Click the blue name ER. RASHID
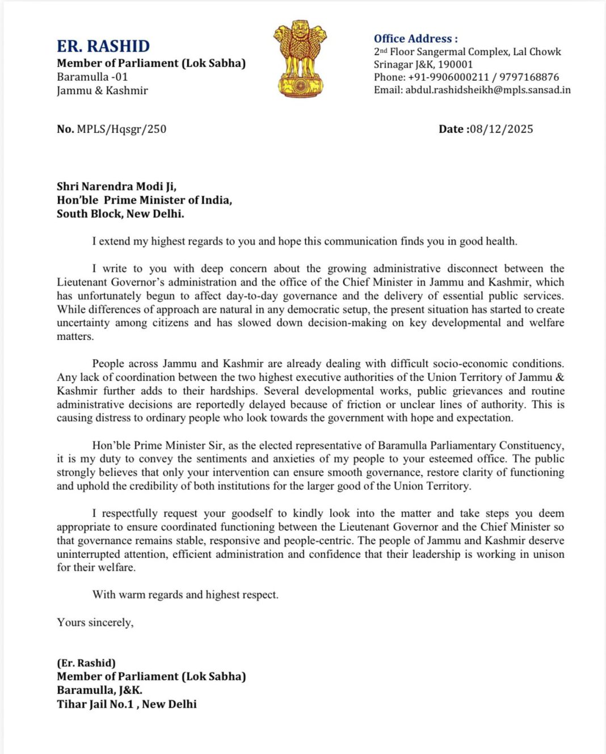click(x=103, y=46)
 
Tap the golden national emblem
click(x=300, y=59)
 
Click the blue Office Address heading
click(x=415, y=39)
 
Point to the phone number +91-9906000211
click(x=448, y=77)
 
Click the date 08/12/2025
click(x=502, y=129)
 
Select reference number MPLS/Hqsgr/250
click(x=121, y=129)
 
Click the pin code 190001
click(x=455, y=64)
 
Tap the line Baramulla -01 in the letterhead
click(x=92, y=77)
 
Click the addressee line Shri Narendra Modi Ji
click(x=116, y=186)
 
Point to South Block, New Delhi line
click(x=120, y=214)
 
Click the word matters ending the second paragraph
click(x=75, y=336)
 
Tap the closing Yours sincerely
click(x=95, y=622)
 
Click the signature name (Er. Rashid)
click(x=86, y=663)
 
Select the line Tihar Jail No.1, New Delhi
click(x=127, y=704)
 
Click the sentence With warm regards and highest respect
click(x=185, y=595)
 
